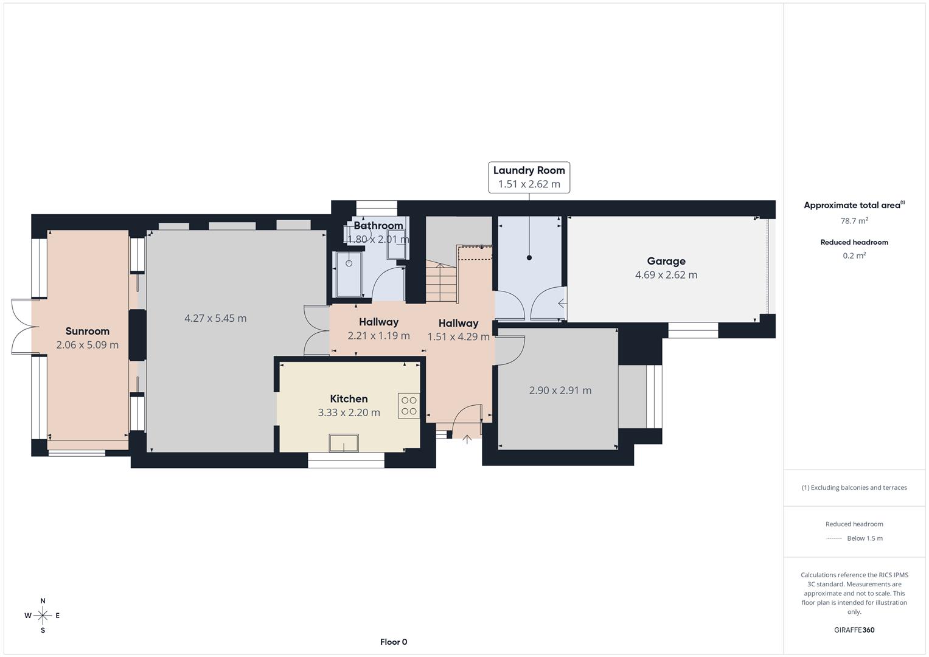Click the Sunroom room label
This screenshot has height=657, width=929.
click(87, 331)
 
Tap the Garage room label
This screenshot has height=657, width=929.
click(666, 261)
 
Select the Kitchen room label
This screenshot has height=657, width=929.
click(349, 398)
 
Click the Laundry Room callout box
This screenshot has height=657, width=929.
click(529, 177)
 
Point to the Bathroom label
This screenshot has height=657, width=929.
click(378, 226)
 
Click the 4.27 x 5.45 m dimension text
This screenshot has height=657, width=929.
click(215, 318)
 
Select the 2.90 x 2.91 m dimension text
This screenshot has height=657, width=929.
click(560, 391)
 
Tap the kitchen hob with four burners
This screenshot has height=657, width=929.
click(409, 406)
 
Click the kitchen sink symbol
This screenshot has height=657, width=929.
click(344, 443)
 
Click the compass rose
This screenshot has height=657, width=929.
click(43, 616)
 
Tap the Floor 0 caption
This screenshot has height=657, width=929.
click(394, 642)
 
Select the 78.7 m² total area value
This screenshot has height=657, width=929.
click(854, 221)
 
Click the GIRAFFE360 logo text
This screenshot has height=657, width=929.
click(854, 630)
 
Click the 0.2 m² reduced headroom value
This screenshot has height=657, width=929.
click(854, 255)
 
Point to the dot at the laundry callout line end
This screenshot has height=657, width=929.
click(529, 258)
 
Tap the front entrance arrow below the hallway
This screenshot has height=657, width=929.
click(467, 439)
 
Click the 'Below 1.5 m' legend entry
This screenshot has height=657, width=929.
click(864, 538)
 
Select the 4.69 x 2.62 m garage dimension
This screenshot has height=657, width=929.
click(666, 275)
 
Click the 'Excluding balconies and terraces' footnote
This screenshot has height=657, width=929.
click(854, 487)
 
